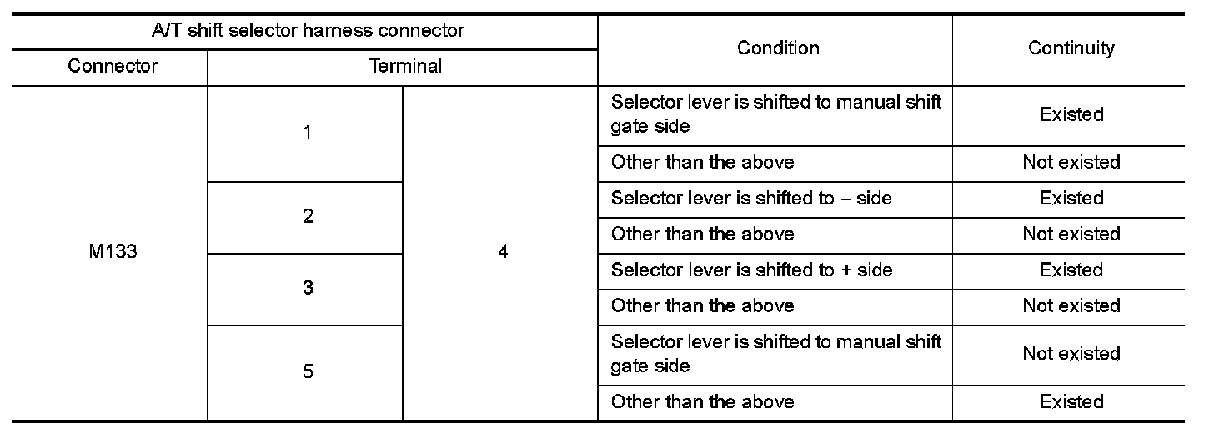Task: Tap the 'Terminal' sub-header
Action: (405, 66)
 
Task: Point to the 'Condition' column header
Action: (777, 48)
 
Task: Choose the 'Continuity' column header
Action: (1071, 48)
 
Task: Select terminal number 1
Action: (308, 133)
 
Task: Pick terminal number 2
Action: (308, 216)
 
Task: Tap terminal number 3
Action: (308, 288)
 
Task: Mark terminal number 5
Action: (308, 371)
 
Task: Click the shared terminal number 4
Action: (502, 252)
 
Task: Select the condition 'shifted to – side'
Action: (751, 199)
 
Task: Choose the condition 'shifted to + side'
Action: (751, 270)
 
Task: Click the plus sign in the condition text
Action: (846, 270)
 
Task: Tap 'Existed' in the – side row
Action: (1071, 199)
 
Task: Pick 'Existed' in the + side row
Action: (1071, 270)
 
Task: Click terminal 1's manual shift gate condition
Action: (775, 114)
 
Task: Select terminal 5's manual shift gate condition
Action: (775, 354)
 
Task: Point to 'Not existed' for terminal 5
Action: (1071, 354)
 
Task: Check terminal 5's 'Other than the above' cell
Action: (702, 401)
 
